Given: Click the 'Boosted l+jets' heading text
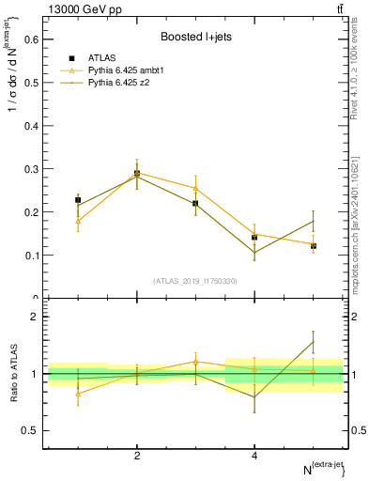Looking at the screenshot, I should coord(195,38).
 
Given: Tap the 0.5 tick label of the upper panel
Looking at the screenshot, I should coord(34,83).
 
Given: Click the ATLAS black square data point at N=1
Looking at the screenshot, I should coord(78,200).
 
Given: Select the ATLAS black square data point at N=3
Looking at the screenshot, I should coord(195,203).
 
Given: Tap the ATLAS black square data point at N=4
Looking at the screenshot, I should coord(254,238).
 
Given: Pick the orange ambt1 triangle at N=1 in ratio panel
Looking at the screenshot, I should coord(78,394).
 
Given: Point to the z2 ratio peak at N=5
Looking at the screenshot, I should coord(314,341).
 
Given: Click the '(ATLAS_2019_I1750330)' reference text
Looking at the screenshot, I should coord(195,281).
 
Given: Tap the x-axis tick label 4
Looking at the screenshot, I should coord(254,456).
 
